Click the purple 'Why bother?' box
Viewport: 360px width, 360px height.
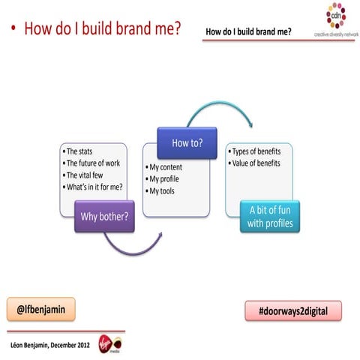(x=103, y=217)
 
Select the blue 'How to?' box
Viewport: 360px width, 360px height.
(x=187, y=142)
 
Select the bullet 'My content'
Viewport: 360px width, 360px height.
(x=169, y=167)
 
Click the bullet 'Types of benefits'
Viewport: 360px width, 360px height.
(x=258, y=151)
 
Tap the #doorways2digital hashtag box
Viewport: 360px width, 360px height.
(x=293, y=310)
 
